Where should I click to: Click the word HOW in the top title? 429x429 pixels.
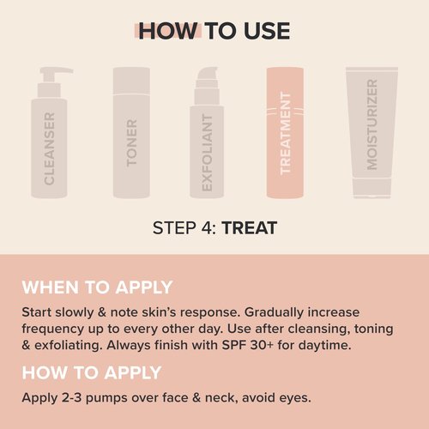click(168, 31)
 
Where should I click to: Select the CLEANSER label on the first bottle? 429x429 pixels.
click(50, 148)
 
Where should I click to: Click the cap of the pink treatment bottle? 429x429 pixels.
click(286, 77)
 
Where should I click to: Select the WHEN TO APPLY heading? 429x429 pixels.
click(97, 287)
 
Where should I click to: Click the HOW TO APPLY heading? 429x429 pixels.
click(92, 372)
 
